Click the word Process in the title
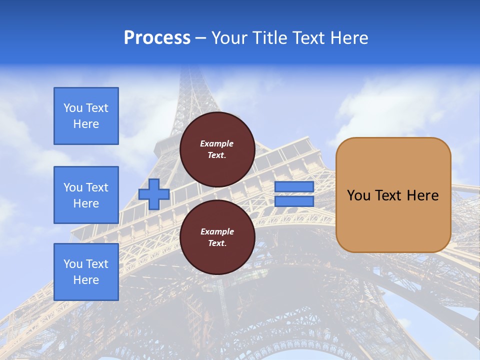coord(157,38)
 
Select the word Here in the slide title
coord(346,38)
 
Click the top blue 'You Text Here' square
coord(86,116)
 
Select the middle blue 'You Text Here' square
coord(86,195)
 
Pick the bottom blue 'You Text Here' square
coord(86,272)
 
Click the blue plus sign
coord(154,194)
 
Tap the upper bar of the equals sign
coord(294,186)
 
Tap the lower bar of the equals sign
coord(294,201)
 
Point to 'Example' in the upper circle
coord(217,143)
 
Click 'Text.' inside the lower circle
coord(217,243)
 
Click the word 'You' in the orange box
coord(358,195)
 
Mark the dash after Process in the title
coord(200,38)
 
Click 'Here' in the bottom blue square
coord(86,280)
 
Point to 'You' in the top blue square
coord(73,108)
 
